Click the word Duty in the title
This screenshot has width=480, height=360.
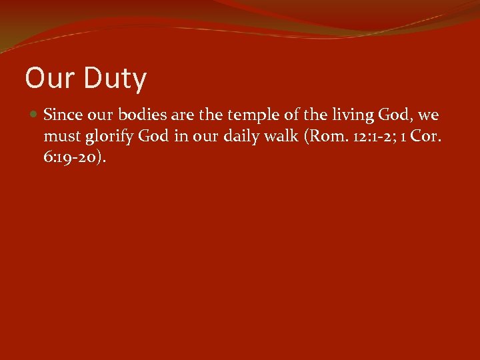[x=115, y=79]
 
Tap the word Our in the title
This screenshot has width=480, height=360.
[x=51, y=79]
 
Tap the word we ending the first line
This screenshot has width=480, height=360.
[x=429, y=115]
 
